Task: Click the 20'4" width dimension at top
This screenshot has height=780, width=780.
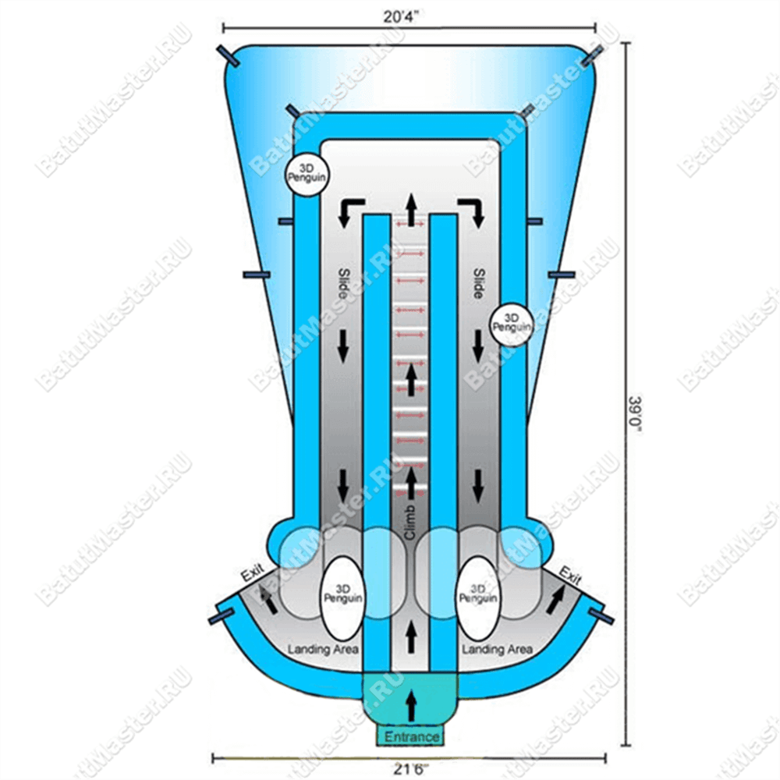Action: [401, 16]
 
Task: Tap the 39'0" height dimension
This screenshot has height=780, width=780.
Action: [634, 415]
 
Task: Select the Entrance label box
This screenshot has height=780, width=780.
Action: [411, 736]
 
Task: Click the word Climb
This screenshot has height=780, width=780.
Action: [409, 523]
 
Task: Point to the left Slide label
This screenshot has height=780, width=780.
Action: [344, 284]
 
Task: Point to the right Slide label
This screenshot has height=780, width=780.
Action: [479, 284]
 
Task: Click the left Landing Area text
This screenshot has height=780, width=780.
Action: [324, 649]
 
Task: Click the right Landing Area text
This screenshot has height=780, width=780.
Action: [497, 649]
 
